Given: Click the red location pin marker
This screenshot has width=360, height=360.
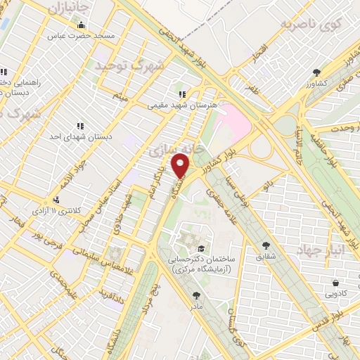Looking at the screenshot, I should pyautogui.click(x=181, y=166).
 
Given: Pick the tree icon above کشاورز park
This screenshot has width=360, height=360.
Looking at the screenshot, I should pyautogui.click(x=316, y=72).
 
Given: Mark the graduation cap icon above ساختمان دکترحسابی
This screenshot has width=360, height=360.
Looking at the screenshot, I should pyautogui.click(x=202, y=248).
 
